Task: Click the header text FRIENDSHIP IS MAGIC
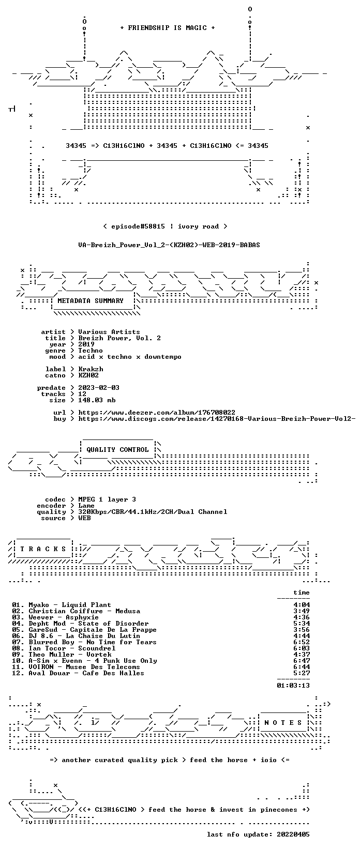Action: click(168, 28)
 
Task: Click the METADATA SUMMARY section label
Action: click(91, 301)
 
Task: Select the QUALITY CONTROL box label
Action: click(117, 450)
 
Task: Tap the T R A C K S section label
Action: click(43, 549)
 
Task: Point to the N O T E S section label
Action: click(283, 722)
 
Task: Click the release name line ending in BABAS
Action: click(169, 245)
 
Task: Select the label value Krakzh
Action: click(91, 369)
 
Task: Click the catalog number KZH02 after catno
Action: click(88, 375)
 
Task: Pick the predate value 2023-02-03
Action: click(99, 388)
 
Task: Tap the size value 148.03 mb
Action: click(97, 400)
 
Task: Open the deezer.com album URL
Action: click(157, 413)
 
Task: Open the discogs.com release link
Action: click(217, 419)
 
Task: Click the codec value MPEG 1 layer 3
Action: click(107, 499)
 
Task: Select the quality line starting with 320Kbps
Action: click(153, 512)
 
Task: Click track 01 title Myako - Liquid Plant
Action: click(70, 605)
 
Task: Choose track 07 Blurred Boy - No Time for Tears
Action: click(93, 642)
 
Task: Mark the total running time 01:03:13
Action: click(293, 685)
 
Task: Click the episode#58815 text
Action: click(138, 226)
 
